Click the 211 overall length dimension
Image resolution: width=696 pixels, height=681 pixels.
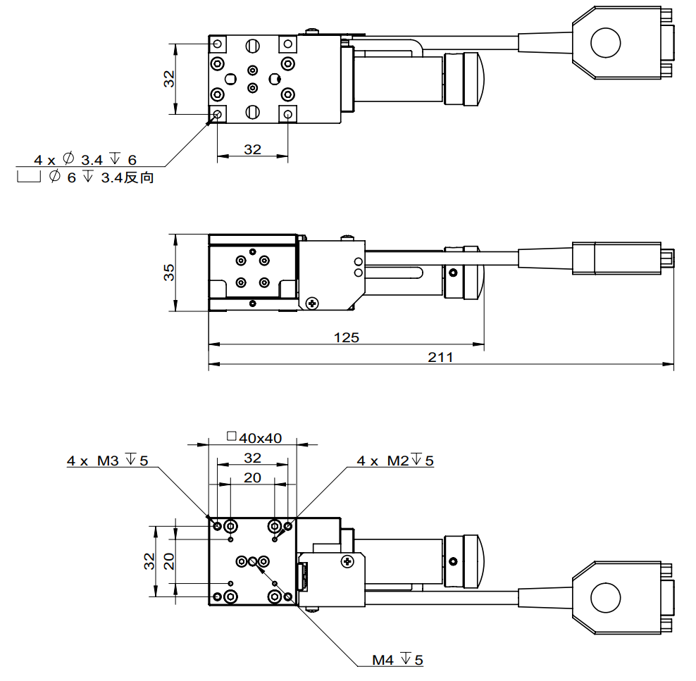(x=440, y=357)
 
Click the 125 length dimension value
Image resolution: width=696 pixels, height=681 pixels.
(x=346, y=337)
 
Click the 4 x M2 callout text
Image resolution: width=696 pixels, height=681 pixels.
(x=394, y=461)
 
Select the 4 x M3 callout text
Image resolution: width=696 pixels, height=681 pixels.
(x=108, y=461)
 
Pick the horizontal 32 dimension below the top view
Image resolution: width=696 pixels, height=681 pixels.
(x=252, y=149)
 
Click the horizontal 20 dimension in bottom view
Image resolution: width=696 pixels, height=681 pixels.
(x=252, y=477)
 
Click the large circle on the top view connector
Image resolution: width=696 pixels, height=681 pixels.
(x=606, y=42)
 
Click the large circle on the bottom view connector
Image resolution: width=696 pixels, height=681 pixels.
(x=606, y=599)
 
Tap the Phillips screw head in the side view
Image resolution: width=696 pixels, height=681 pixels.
(x=311, y=302)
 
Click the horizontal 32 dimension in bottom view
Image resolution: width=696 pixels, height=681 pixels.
(x=252, y=458)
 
